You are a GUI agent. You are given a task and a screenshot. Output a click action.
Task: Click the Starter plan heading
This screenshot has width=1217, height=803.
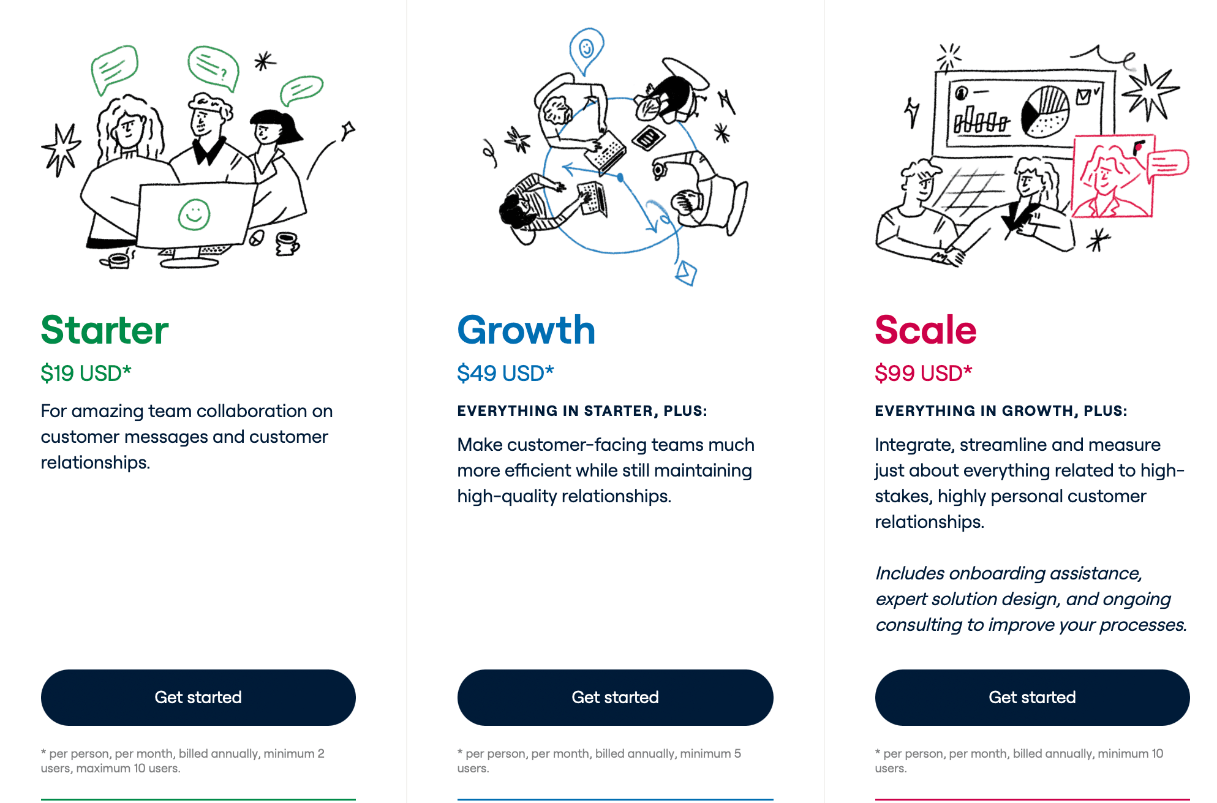[x=105, y=330]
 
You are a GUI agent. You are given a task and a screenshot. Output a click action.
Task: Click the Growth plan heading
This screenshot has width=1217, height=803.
[x=526, y=330]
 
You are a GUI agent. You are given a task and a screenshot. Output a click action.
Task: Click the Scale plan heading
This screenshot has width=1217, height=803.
[x=925, y=330]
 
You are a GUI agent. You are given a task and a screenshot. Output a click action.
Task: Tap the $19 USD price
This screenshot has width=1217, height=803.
[x=86, y=373]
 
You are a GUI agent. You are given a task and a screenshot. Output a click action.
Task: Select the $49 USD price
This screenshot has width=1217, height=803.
[x=505, y=373]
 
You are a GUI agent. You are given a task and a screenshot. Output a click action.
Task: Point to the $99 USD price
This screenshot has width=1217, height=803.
[x=923, y=373]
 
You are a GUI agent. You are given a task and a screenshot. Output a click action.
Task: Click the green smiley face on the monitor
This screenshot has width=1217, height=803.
[x=194, y=215]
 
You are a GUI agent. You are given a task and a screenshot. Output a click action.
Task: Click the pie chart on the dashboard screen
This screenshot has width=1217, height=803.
[x=1045, y=111]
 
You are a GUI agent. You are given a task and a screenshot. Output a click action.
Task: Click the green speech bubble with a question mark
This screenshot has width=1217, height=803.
[x=213, y=67]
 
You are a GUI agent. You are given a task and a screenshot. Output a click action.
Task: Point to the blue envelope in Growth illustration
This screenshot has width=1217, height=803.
[x=686, y=272]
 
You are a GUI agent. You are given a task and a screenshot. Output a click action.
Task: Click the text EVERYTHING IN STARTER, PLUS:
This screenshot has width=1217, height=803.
[x=582, y=411]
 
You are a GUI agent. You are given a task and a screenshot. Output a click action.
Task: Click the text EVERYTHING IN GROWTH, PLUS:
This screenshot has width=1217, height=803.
[x=1001, y=411]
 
